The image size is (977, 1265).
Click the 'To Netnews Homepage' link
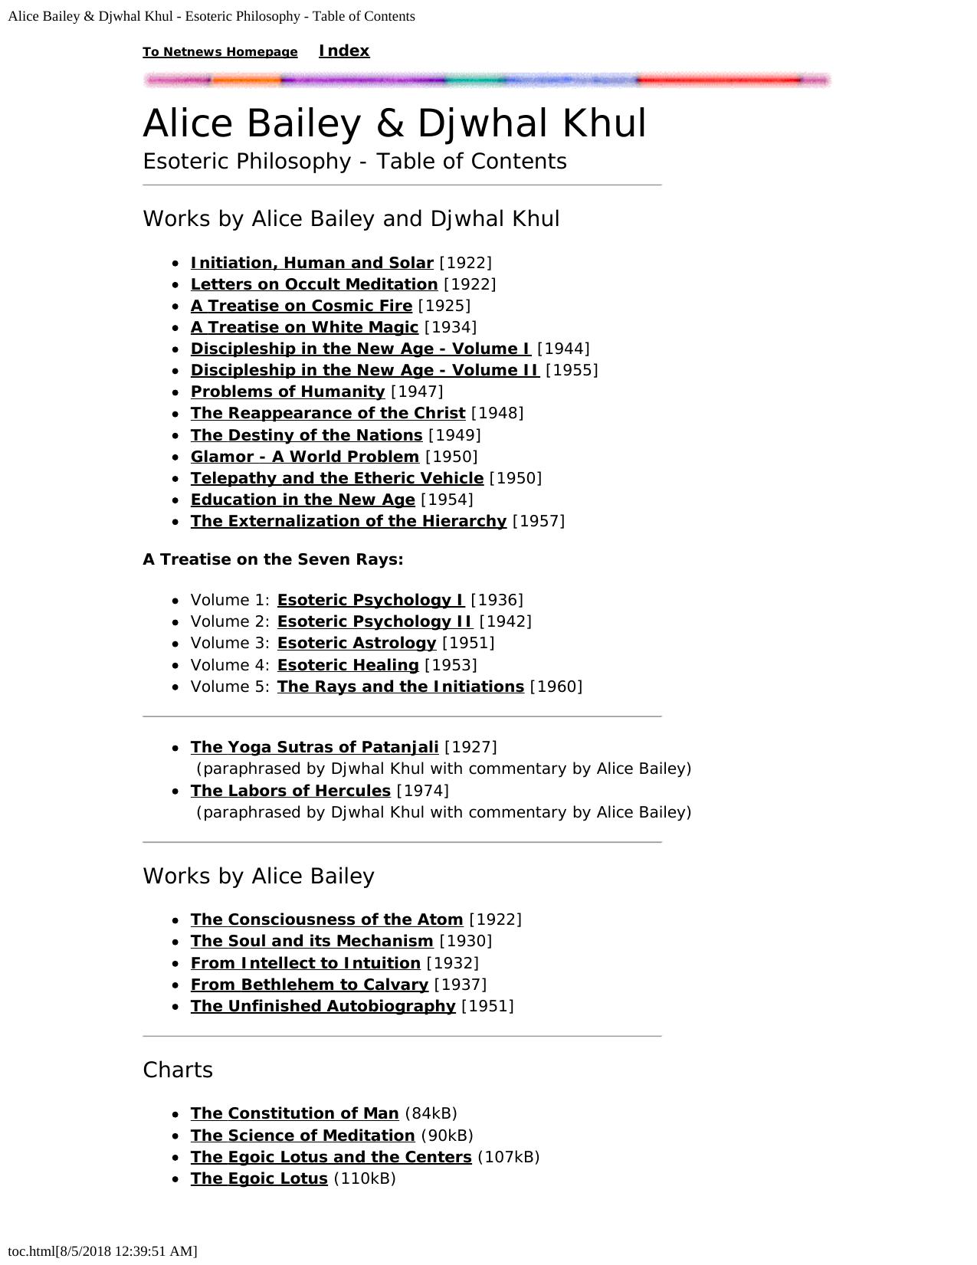click(x=220, y=52)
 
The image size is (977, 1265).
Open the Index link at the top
click(x=344, y=51)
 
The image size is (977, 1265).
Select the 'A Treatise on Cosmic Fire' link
click(x=301, y=306)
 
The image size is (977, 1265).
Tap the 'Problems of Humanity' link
click(x=287, y=392)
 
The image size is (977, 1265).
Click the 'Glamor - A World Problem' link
click(x=304, y=457)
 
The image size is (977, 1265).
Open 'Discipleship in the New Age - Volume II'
click(x=365, y=370)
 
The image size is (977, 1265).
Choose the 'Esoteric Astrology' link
click(x=356, y=643)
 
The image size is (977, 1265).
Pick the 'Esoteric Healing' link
click(x=348, y=665)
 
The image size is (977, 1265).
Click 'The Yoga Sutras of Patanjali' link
click(x=314, y=747)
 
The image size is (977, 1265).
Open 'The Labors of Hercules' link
click(x=290, y=791)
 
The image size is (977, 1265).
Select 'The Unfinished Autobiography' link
click(x=323, y=1006)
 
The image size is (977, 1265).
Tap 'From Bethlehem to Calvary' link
click(x=309, y=985)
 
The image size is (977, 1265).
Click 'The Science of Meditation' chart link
click(x=303, y=1136)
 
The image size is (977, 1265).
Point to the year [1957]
click(x=539, y=521)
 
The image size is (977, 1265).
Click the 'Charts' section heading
click(x=178, y=1070)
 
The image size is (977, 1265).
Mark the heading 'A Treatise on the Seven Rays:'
click(x=273, y=559)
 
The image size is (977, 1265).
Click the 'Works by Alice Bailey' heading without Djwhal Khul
click(x=258, y=876)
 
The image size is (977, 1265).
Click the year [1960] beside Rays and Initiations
click(x=556, y=687)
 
